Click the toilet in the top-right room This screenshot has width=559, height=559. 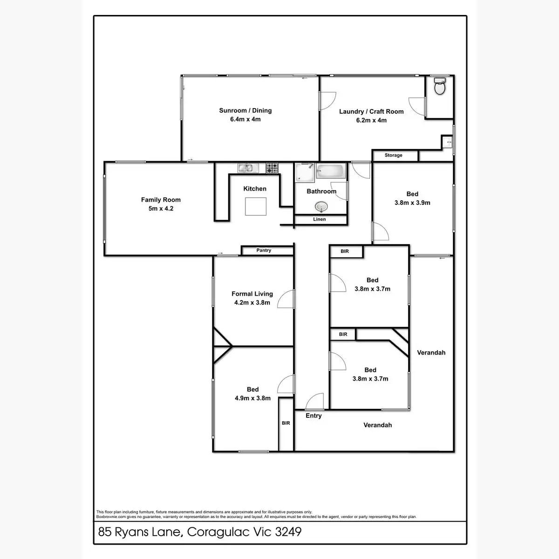click(440, 86)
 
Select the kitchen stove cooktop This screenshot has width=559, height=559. click(272, 168)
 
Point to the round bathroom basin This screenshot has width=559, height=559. click(321, 206)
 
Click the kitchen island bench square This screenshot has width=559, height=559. click(256, 206)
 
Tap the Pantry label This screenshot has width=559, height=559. click(264, 251)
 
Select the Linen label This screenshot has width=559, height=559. click(320, 219)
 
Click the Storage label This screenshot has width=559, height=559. click(394, 155)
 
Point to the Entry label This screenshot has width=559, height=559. click(314, 416)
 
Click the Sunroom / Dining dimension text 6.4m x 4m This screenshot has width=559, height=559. click(245, 119)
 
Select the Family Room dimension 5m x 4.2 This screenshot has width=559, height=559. click(161, 209)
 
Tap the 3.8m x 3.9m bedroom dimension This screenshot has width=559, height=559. click(412, 203)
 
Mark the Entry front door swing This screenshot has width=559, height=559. click(315, 402)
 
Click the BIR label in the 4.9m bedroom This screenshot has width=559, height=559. click(286, 423)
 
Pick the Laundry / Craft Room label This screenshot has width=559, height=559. click(371, 111)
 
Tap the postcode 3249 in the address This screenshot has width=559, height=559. click(288, 532)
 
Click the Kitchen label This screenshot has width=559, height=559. click(255, 189)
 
